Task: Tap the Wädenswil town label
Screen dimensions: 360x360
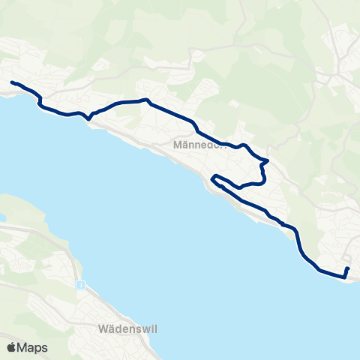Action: click(x=127, y=329)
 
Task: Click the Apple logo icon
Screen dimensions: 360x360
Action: click(x=12, y=347)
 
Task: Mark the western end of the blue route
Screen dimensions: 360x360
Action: click(x=12, y=82)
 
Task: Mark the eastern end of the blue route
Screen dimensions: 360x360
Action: click(x=348, y=268)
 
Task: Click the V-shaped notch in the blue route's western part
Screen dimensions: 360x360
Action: click(x=88, y=118)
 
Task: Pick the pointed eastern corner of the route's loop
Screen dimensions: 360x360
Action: click(x=268, y=160)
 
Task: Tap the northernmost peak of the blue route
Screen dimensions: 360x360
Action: click(x=148, y=99)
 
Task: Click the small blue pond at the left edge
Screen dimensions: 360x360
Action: click(x=2, y=218)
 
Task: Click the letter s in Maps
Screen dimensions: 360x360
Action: click(x=45, y=348)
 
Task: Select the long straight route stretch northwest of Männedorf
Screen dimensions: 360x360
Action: click(x=172, y=111)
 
